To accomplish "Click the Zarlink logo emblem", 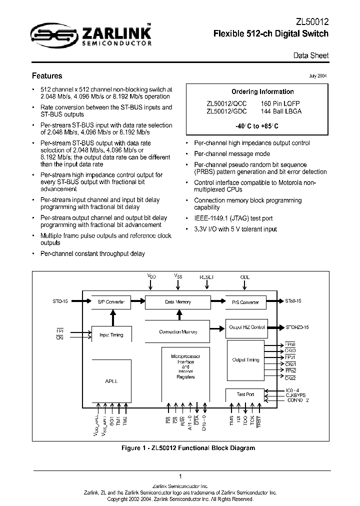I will [x=48, y=34].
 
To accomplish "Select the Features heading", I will [x=47, y=76].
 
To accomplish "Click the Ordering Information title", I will [x=262, y=91].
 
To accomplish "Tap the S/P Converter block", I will [x=110, y=302].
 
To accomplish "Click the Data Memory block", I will [x=177, y=302].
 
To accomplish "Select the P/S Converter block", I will [x=245, y=302].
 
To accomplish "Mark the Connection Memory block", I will [x=177, y=331].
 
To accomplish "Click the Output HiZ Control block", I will [x=246, y=327].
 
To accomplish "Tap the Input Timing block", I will [x=110, y=334].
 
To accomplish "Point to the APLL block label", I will [x=110, y=380].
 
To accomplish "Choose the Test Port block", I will [x=245, y=394].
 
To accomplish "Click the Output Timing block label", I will [x=245, y=359].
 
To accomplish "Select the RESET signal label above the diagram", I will [x=206, y=277].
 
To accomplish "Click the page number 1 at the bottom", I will [x=180, y=476].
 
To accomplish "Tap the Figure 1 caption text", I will [x=188, y=447].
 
